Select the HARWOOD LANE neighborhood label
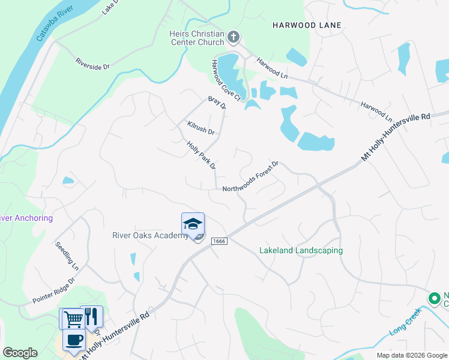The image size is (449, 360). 307,25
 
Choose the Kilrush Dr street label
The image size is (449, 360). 200,127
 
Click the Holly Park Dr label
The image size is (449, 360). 201,155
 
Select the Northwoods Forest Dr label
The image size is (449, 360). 251,177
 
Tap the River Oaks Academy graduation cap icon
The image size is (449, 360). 193,224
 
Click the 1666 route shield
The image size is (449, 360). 218,241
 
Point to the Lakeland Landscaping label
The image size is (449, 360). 301,250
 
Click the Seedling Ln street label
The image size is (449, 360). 67,254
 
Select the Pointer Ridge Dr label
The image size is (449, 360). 54,289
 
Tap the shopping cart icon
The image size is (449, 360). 72,318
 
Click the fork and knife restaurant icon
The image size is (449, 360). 91,316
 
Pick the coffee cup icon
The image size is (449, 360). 74,340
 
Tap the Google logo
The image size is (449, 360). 20,353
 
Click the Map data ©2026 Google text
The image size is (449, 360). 412,355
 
